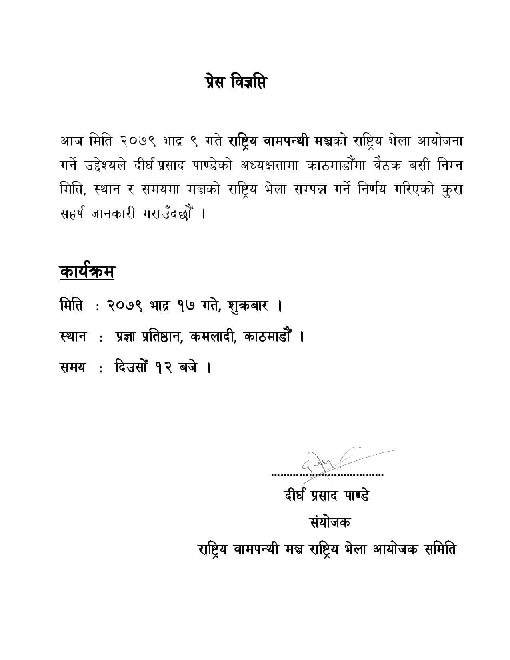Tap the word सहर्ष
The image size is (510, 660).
[x=71, y=214]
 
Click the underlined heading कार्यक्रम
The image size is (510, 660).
[x=87, y=272]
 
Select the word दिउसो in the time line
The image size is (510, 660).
[x=132, y=367]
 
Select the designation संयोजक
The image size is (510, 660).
[x=330, y=522]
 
